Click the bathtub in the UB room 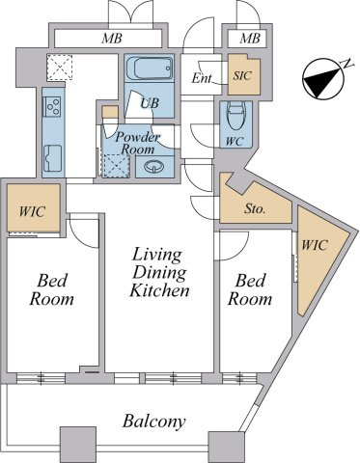150,68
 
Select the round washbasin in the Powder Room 154,167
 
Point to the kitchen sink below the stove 53,158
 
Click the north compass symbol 323,78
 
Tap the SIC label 242,76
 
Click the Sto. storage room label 255,209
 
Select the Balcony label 154,421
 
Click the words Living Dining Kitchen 159,273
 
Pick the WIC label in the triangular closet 315,245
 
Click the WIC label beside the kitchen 32,212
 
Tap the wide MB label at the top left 112,39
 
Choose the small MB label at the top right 250,39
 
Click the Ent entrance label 202,78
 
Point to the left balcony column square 78,444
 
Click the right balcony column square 226,448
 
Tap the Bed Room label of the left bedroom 51,289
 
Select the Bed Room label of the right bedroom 250,289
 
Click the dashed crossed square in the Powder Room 116,165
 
